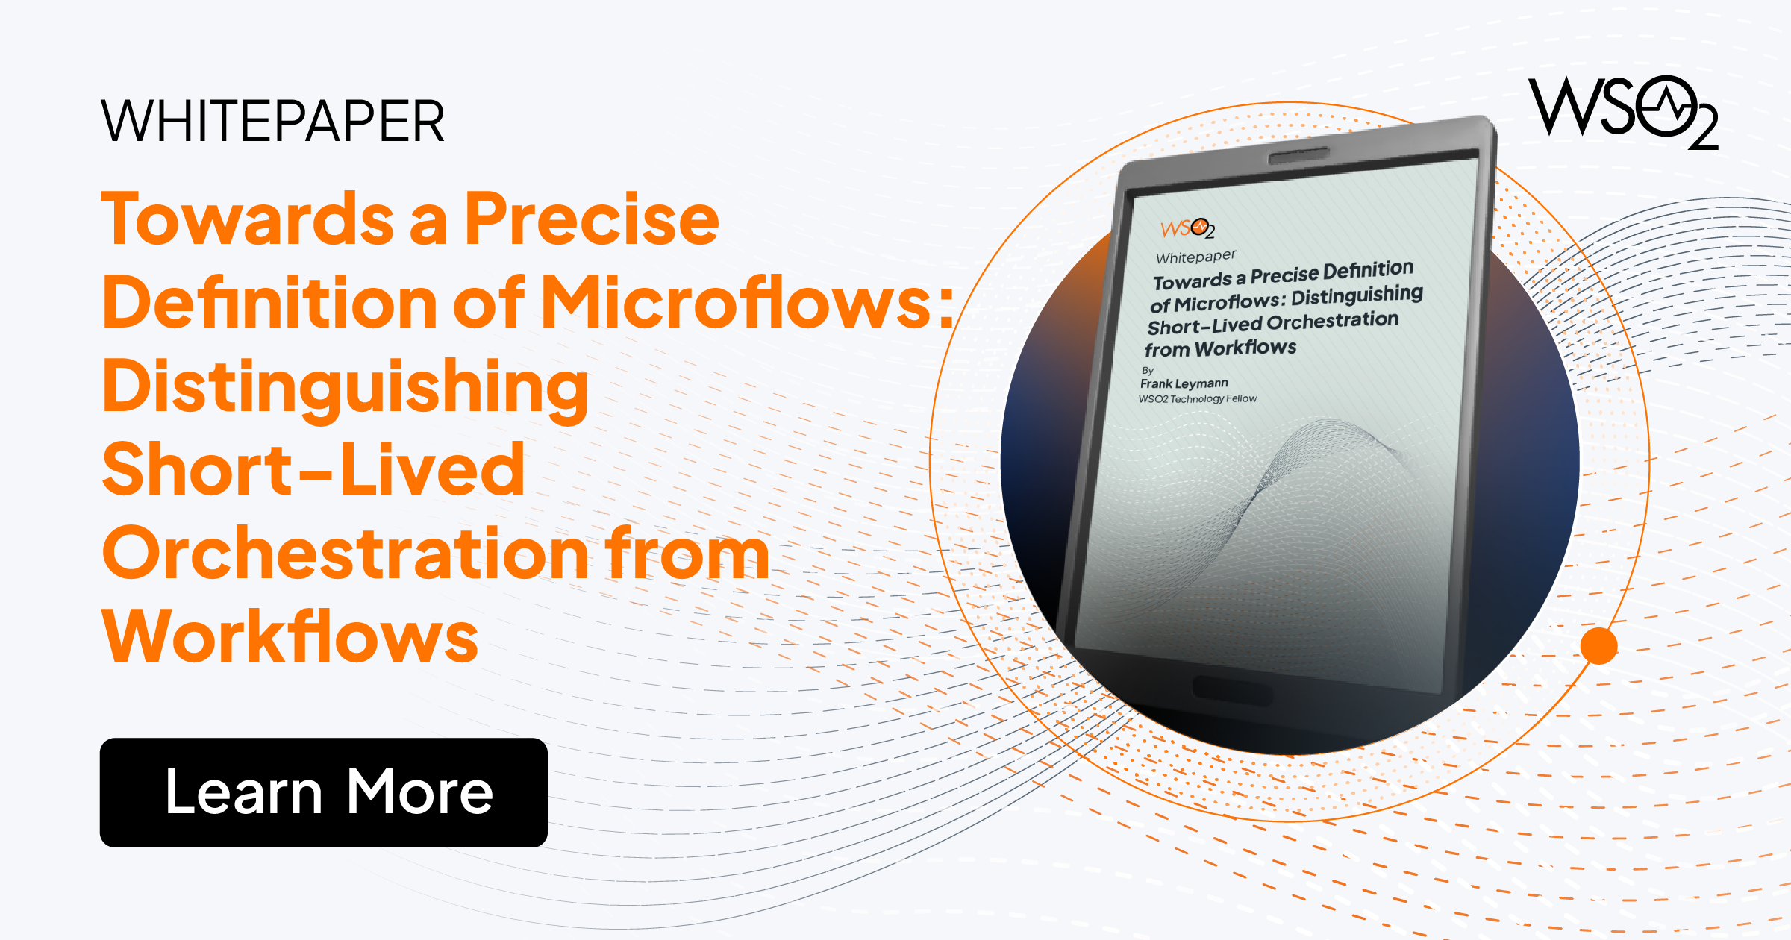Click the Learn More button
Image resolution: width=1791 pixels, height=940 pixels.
323,792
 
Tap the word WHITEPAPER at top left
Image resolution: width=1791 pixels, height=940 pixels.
272,121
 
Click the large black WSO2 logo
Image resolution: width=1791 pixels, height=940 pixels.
1623,112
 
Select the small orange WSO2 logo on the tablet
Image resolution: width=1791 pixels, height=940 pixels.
1187,228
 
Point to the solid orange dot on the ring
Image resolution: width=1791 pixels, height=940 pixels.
1598,646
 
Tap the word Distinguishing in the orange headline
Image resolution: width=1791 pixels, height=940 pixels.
346,387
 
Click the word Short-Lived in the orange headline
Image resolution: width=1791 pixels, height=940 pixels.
313,469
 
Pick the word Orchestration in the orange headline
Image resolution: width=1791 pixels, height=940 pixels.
345,553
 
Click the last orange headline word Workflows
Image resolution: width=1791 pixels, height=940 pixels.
290,636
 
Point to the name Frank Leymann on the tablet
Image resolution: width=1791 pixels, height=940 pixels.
1184,383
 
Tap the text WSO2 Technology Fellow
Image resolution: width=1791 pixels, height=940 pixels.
1197,399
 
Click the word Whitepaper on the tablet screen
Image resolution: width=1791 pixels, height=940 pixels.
1195,257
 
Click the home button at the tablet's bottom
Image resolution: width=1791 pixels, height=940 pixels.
1232,689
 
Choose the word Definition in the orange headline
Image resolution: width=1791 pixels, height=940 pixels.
269,302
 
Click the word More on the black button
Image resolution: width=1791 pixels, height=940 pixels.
419,792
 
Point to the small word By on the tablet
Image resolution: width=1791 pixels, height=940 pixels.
1148,370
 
